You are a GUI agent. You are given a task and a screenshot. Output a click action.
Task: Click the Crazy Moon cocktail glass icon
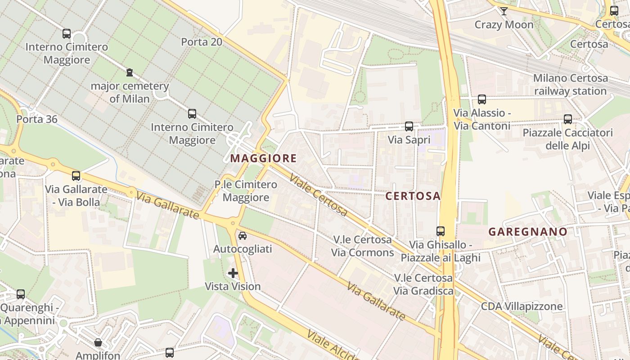point(504,11)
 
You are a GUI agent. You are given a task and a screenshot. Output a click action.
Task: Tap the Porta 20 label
point(202,42)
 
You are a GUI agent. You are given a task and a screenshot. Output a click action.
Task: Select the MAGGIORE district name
point(263,158)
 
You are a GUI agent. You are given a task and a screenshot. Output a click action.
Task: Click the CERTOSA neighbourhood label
point(413,196)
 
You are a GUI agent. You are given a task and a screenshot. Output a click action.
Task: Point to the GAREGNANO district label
point(528,232)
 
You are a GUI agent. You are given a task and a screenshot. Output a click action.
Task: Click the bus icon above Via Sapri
point(409,126)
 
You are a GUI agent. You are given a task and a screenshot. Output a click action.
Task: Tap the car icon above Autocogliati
point(243,235)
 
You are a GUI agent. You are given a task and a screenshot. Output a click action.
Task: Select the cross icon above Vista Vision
point(233,273)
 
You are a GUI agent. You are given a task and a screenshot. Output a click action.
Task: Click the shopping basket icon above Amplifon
point(98,342)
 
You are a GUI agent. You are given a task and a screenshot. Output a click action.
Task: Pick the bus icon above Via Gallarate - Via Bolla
point(76,176)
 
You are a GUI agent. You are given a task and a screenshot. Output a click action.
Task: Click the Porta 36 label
point(37,119)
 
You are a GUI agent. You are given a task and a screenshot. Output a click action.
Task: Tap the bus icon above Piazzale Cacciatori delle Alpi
point(567,119)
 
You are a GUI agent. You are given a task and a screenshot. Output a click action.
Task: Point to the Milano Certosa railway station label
point(570,85)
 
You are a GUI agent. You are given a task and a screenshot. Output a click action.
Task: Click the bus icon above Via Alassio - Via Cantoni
point(481,99)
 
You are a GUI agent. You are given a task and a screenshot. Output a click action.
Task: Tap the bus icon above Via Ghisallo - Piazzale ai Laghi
point(440,231)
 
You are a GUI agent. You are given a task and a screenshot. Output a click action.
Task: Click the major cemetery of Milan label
point(130,92)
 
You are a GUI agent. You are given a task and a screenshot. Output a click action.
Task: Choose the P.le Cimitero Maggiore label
point(246,191)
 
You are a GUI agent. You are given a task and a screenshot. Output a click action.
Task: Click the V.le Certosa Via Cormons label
point(362,246)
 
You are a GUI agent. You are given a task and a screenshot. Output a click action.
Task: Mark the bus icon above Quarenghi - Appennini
point(21,294)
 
